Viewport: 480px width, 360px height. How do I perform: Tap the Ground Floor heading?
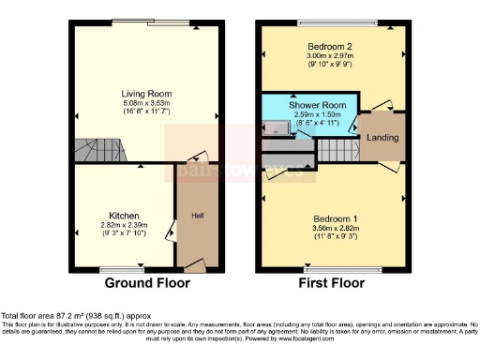coord(146,283)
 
